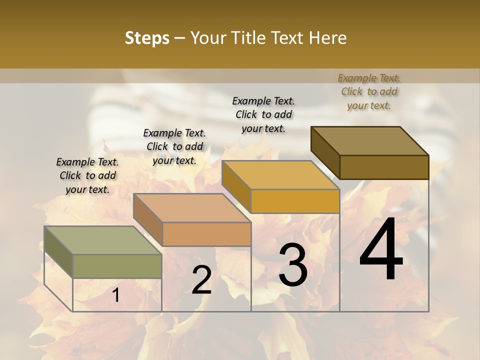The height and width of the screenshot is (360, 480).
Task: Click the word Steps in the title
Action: [x=147, y=38]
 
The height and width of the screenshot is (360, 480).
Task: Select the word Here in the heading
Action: [x=327, y=38]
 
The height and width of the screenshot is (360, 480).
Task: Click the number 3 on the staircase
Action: [x=292, y=265]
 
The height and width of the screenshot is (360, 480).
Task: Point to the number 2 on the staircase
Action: [x=201, y=280]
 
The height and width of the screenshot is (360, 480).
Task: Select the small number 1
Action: [x=115, y=295]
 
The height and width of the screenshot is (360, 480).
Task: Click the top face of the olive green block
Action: [x=102, y=240]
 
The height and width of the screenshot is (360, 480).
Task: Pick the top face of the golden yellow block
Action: [x=280, y=175]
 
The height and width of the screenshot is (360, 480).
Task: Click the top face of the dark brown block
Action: [x=369, y=140]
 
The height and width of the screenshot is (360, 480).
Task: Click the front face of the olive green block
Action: [x=117, y=266]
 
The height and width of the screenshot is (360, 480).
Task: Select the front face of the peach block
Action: [x=206, y=234]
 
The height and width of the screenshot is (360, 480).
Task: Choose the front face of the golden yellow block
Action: [x=295, y=201]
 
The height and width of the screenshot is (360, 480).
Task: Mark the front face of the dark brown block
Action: [x=384, y=167]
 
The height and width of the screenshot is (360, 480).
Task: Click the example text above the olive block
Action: [x=87, y=175]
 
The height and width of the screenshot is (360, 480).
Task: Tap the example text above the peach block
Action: [x=174, y=146]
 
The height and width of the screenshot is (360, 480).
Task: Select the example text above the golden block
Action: [x=263, y=114]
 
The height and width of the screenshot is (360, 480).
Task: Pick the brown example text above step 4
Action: [x=369, y=91]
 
